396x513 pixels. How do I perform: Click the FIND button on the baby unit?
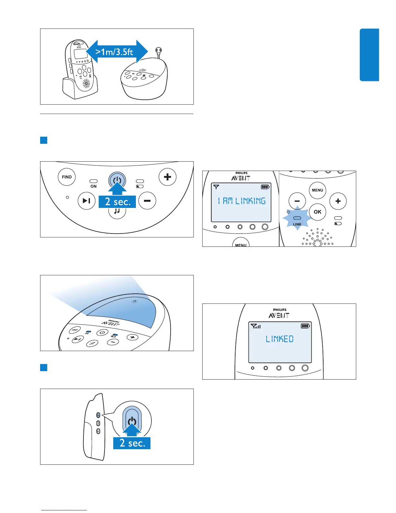(x=67, y=177)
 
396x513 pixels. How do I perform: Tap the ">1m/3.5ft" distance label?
(x=114, y=51)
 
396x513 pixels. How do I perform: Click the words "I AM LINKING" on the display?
(x=242, y=201)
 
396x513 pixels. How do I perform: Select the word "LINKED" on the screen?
(x=280, y=339)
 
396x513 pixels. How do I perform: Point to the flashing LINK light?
(x=297, y=218)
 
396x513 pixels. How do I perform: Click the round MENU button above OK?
(x=317, y=190)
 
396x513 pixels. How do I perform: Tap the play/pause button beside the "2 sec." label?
(x=86, y=201)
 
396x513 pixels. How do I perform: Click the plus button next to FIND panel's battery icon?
(x=167, y=177)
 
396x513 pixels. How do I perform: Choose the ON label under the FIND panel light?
(x=93, y=186)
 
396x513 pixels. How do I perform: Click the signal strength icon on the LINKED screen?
(x=256, y=326)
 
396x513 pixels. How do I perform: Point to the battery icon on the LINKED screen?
(x=305, y=326)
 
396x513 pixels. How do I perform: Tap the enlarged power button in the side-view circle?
(x=132, y=421)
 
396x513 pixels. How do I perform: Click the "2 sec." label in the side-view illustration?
(x=132, y=443)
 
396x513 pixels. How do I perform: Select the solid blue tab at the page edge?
(x=369, y=55)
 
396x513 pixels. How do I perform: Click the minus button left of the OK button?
(x=297, y=201)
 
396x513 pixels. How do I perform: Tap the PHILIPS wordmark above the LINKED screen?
(x=280, y=310)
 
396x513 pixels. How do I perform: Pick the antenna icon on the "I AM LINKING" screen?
(x=216, y=187)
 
